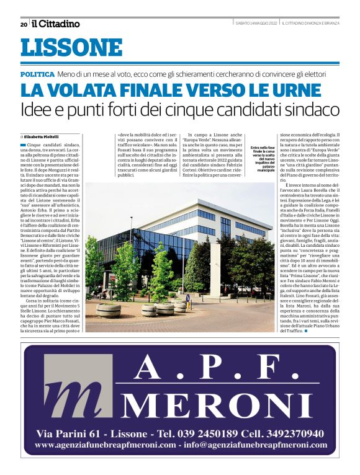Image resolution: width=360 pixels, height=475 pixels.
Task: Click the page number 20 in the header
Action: (23, 24)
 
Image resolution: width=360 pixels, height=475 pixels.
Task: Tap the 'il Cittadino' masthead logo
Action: (56, 24)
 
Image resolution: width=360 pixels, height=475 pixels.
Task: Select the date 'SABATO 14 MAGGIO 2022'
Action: (256, 24)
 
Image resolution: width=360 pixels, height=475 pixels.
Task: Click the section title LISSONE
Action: (71, 48)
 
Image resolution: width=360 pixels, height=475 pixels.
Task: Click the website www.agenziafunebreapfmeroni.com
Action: (105, 445)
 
